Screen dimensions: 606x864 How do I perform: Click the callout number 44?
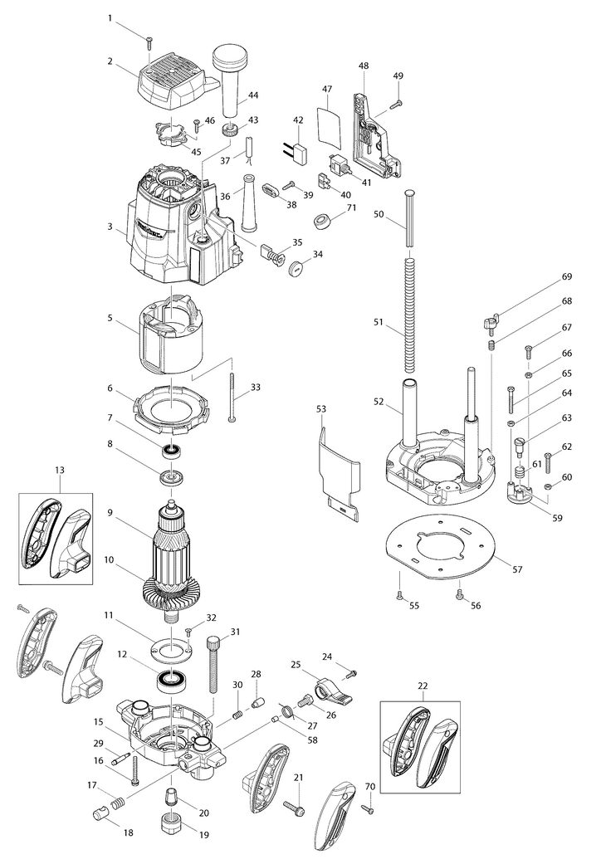pyautogui.click(x=253, y=95)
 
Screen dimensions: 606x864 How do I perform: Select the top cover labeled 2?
pyautogui.click(x=171, y=86)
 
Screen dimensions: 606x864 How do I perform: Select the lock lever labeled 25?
pyautogui.click(x=333, y=691)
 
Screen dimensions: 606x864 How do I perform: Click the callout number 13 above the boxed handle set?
pyautogui.click(x=60, y=470)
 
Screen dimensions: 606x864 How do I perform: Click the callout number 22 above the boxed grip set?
pyautogui.click(x=423, y=686)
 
